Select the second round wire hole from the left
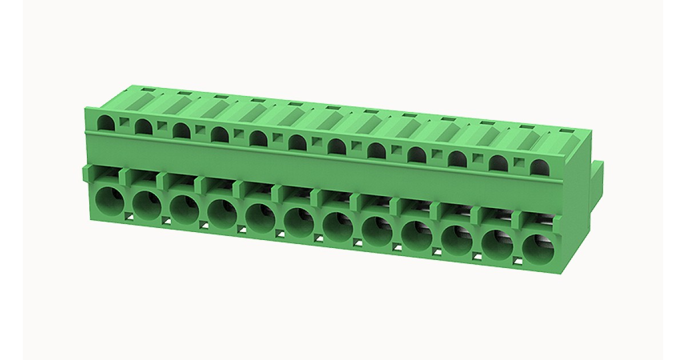pyautogui.click(x=147, y=205)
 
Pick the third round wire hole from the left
pyautogui.click(x=184, y=209)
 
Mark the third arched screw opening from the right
pyautogui.click(x=457, y=158)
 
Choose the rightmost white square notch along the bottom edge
pyautogui.click(x=517, y=261)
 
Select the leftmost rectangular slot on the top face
pyautogui.click(x=147, y=90)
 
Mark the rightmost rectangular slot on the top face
pyautogui.click(x=565, y=131)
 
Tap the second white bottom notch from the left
pyautogui.click(x=166, y=220)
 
